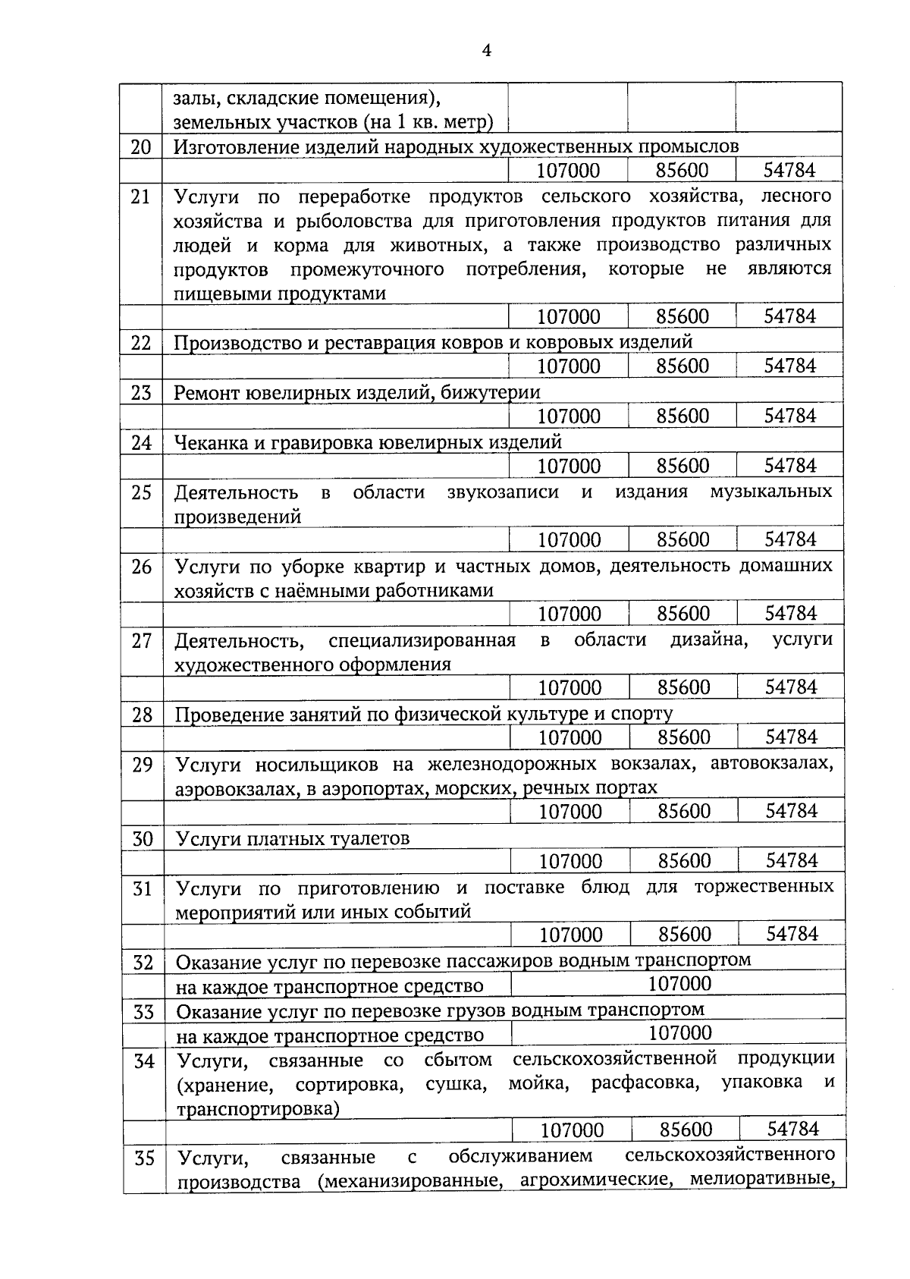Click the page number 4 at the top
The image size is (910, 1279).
486,51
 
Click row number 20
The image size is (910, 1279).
141,146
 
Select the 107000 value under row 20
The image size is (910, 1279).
568,171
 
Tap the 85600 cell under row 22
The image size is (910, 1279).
682,366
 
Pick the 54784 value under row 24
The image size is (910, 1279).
789,466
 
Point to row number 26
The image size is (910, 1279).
142,567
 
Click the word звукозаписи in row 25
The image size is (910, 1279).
502,492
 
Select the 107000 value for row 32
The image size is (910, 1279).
679,984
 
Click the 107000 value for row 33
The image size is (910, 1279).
679,1033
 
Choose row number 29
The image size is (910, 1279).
143,765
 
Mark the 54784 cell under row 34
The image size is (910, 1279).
792,1130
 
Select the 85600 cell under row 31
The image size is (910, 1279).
684,935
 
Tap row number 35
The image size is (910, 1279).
145,1158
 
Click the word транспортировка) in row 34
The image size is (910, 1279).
258,1109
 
